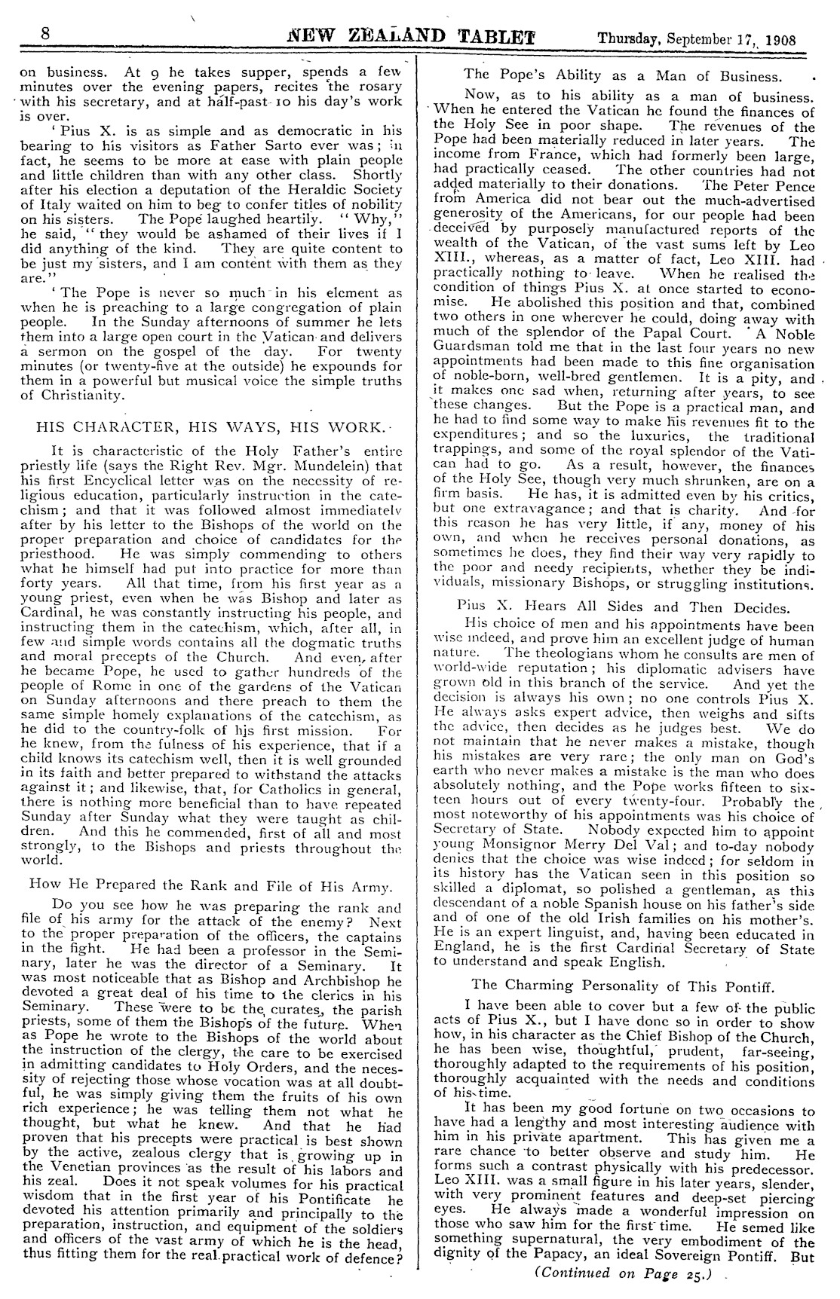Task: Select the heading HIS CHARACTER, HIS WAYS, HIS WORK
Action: tap(212, 426)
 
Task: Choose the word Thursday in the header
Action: tap(623, 38)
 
